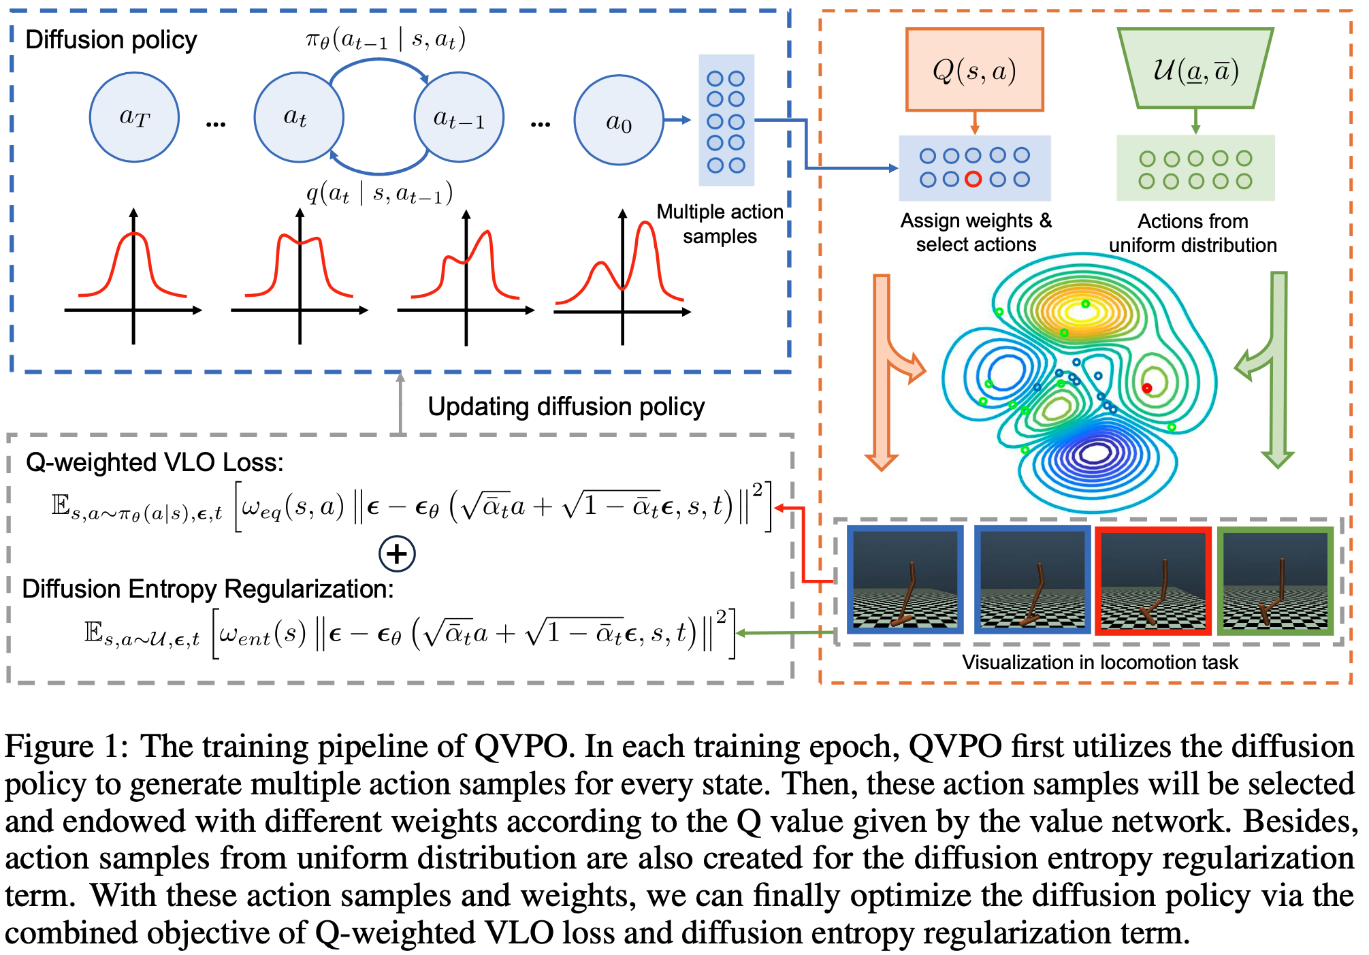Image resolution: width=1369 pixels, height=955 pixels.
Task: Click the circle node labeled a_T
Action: pos(134,117)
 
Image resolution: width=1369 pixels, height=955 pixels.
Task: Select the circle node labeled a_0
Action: pos(618,120)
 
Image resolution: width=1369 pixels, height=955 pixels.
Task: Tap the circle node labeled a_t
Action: pos(298,117)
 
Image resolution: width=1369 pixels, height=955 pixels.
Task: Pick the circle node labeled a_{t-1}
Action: pos(459,117)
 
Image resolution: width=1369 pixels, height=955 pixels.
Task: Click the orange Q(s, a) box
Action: pos(974,69)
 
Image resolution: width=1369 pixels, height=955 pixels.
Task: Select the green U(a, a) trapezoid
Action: pos(1195,69)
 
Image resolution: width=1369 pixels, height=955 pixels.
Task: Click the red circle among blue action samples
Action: pos(973,179)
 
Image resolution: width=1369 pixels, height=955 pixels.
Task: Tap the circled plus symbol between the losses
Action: pos(397,553)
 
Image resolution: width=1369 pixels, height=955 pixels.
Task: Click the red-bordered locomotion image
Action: pos(1153,581)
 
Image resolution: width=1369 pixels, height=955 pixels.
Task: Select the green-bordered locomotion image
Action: pos(1275,581)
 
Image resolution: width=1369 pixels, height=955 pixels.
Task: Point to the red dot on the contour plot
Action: pos(1147,388)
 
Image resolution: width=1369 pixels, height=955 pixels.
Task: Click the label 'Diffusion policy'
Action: pos(111,40)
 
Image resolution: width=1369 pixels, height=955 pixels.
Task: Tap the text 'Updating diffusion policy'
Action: pos(566,406)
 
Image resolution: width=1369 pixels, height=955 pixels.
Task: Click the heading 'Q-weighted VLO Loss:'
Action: pos(155,463)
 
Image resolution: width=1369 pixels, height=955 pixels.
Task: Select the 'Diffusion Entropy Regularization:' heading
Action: pos(208,589)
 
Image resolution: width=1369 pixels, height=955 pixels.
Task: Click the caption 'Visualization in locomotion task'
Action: pos(1099,662)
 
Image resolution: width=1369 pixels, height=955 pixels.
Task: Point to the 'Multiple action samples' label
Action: pos(720,224)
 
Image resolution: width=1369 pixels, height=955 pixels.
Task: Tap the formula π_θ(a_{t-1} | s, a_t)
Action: pos(385,39)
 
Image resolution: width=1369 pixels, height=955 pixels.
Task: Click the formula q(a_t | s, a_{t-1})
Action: pos(379,194)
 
